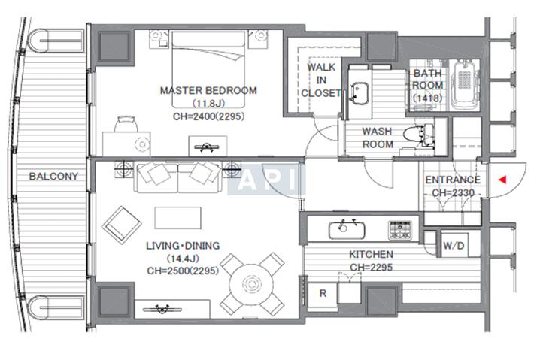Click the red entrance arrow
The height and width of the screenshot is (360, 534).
(502, 180)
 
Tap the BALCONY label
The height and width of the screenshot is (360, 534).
(53, 177)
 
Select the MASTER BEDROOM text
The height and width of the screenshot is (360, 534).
(208, 90)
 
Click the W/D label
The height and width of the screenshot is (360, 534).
(454, 245)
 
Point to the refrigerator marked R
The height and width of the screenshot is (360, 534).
(323, 293)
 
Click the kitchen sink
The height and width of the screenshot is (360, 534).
(347, 230)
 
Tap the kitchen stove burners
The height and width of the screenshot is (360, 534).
(400, 230)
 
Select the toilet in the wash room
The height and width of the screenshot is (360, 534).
(418, 134)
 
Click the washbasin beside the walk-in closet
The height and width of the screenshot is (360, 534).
(359, 92)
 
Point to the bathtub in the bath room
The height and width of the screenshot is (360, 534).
(463, 84)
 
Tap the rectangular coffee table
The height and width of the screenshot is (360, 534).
(177, 218)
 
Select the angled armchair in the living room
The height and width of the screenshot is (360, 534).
(122, 225)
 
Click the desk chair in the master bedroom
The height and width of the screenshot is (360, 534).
(126, 124)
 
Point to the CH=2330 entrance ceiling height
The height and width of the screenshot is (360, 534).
(453, 193)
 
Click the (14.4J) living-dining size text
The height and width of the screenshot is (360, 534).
(183, 259)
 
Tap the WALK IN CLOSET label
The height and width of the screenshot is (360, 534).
(321, 80)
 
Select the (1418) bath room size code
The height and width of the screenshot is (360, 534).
(428, 98)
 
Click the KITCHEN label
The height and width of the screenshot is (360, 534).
(372, 254)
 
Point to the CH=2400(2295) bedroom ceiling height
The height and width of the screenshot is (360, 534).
(209, 116)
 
